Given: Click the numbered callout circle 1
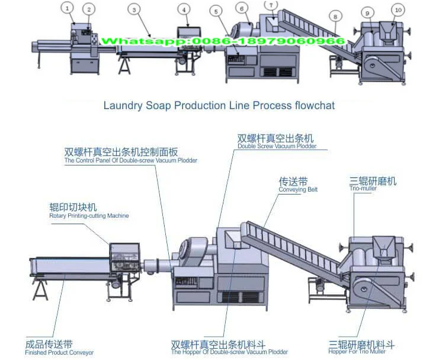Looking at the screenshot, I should [68, 8].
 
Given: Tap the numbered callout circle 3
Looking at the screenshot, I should [135, 9].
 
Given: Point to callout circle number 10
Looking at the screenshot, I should [397, 9].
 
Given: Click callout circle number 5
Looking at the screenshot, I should [215, 11].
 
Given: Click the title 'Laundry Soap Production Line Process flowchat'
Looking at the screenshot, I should [219, 106].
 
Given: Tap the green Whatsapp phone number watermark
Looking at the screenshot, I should [223, 41].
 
